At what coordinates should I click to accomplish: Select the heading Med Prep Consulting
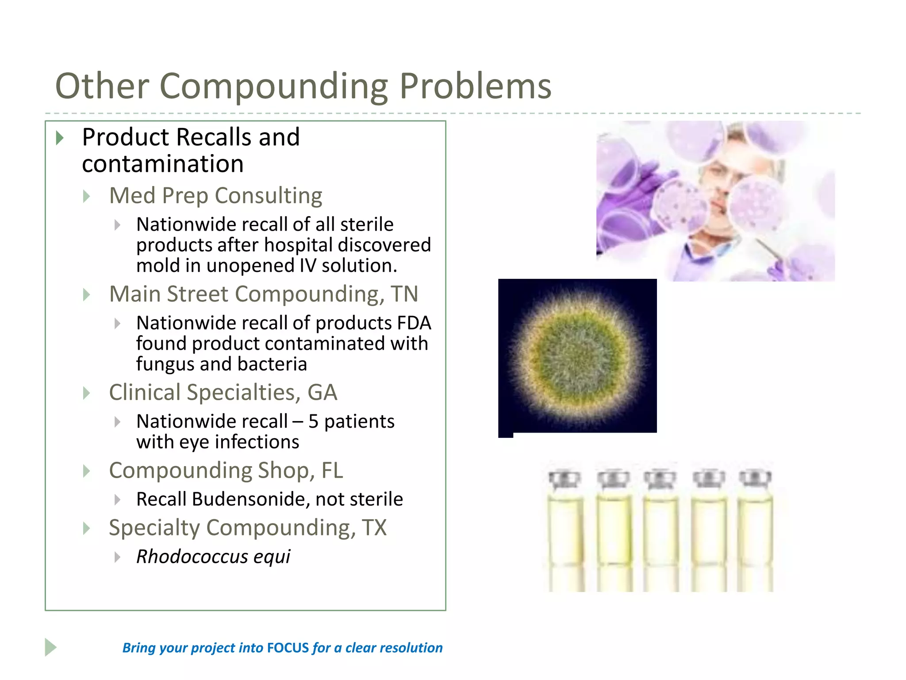215,196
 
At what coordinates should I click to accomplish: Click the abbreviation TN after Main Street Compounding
404,294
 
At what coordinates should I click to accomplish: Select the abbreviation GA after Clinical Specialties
322,393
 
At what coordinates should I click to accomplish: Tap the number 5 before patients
313,421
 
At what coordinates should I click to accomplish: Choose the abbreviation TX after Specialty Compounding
374,528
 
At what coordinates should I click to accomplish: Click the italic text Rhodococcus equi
213,556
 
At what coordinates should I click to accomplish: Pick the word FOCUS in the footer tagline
288,648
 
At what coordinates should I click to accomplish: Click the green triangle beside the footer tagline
50,647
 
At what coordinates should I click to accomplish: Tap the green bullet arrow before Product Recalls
60,138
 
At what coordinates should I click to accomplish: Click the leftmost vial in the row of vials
565,529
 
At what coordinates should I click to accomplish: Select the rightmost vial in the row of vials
755,529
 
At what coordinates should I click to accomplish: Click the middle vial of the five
660,529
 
